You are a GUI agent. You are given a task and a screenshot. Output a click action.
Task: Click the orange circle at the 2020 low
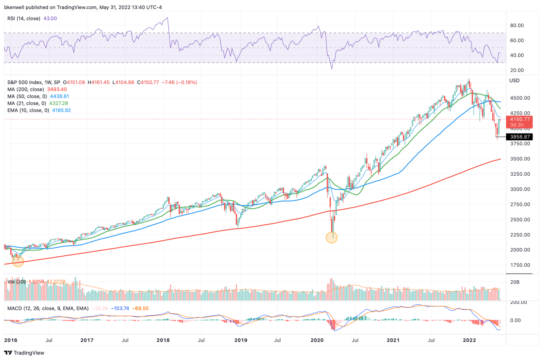tap(332, 237)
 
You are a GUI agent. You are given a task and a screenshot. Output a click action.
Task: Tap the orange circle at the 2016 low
tap(18, 261)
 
